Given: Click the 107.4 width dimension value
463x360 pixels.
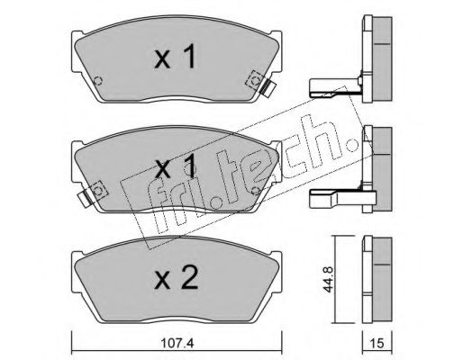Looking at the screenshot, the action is pos(177,344).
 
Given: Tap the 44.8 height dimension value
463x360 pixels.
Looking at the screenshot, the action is pos(329,280).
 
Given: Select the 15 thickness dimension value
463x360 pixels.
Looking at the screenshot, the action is pos(377,344).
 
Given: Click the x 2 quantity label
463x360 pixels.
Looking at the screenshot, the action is pos(177,278).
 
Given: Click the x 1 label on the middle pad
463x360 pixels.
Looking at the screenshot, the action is pos(176,167).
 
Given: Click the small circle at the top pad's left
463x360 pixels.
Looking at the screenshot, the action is pos(98,80).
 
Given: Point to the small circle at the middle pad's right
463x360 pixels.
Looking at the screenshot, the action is pos(256,191).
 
